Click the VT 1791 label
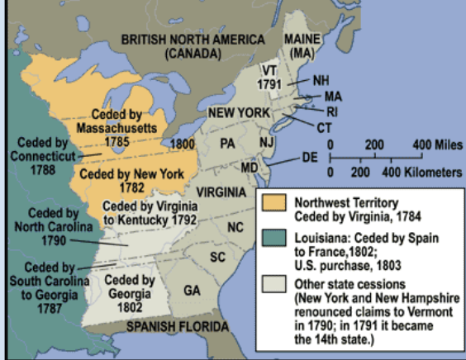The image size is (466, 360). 269,76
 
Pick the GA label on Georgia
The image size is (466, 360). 192,291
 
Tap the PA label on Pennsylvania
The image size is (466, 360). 228,142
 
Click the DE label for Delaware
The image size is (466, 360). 310,156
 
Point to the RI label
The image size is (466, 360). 330,111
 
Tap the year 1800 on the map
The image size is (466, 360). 182,143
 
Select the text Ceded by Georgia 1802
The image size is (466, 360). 130,291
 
